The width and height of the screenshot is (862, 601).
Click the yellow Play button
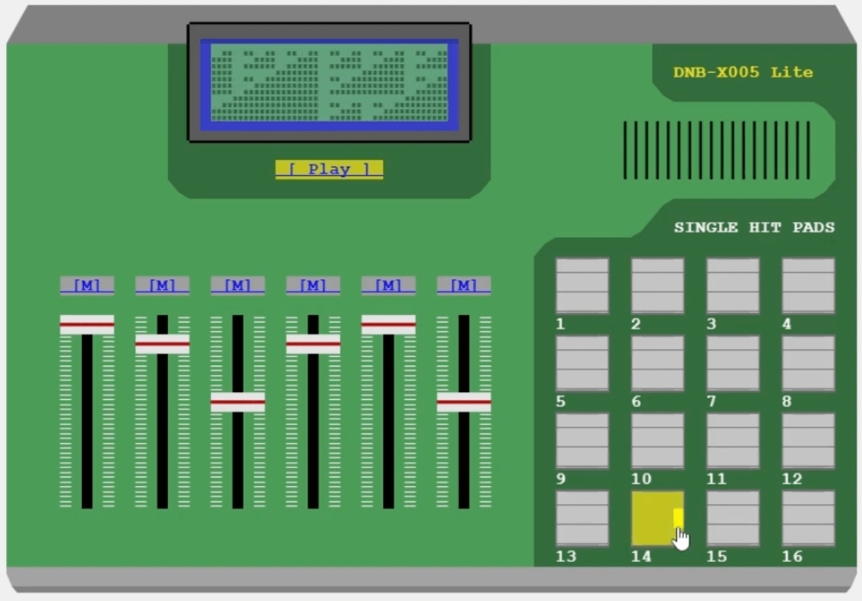[329, 169]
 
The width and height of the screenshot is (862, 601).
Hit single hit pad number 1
[582, 285]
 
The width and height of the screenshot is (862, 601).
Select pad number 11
[733, 441]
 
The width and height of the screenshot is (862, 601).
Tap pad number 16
[808, 518]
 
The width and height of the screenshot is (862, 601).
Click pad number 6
[657, 363]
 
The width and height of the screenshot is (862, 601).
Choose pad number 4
[808, 285]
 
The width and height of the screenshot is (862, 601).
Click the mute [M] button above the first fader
[87, 285]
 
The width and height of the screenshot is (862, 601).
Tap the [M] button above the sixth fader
[463, 285]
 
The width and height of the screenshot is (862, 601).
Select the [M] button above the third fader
[237, 285]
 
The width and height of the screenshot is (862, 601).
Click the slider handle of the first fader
[87, 324]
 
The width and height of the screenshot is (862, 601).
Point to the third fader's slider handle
[237, 402]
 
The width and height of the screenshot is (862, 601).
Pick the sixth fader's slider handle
[463, 402]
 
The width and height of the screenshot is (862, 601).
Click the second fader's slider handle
[162, 344]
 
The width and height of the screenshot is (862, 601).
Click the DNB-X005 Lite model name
[743, 72]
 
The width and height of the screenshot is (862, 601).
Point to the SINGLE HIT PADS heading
[753, 227]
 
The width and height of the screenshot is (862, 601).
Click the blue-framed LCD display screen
[329, 84]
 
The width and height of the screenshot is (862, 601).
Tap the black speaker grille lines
[716, 150]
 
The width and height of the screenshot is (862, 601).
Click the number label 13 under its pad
[566, 556]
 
